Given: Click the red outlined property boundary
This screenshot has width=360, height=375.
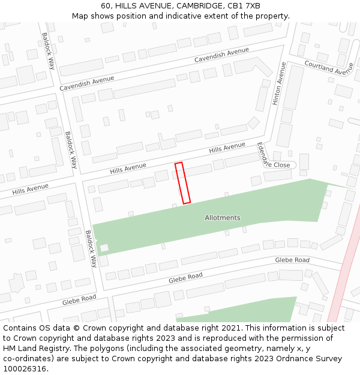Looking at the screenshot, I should [182, 183].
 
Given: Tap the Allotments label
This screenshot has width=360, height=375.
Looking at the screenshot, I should [222, 218].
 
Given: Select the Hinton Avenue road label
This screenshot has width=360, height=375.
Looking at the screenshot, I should [279, 84].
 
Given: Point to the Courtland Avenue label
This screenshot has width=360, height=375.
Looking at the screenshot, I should [329, 68].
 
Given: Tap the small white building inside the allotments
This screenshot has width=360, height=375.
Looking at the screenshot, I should [104, 247].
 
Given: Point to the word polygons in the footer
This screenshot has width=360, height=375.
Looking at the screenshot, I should [119, 349].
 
